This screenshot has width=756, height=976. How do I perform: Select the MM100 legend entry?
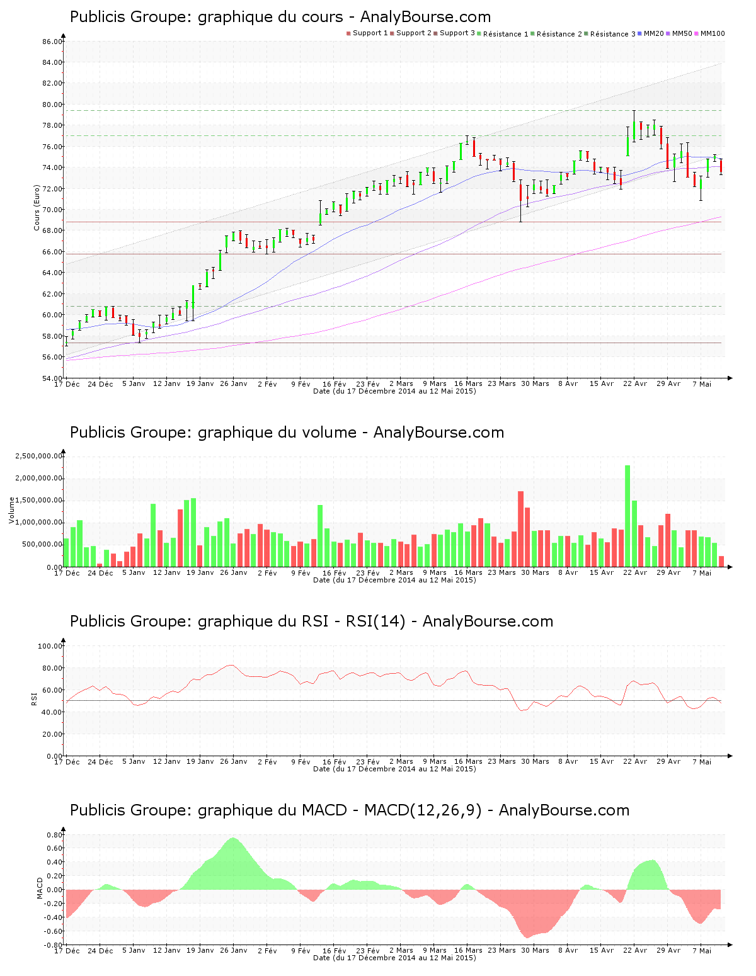[713, 33]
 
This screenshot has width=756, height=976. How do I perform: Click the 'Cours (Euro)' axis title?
[37, 207]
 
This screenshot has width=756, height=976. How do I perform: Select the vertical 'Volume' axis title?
[11, 510]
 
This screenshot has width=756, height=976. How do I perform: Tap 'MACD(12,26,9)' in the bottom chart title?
[423, 810]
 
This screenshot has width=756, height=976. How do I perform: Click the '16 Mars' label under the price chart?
[468, 383]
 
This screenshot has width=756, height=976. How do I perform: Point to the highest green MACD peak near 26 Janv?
[233, 839]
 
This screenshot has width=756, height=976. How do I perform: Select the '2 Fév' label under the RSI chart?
[267, 762]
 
